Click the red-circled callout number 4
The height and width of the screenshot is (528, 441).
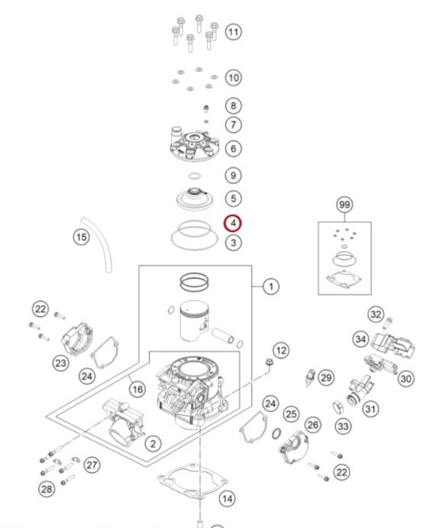(233, 223)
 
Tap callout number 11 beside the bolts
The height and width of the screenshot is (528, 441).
(233, 32)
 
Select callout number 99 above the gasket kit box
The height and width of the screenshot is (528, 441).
(344, 205)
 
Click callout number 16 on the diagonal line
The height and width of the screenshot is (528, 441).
(138, 389)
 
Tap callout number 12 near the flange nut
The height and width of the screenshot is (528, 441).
(281, 351)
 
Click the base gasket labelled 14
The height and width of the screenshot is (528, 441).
(193, 481)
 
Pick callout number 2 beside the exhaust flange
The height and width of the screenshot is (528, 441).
(153, 444)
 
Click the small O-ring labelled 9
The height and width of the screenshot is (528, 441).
(195, 176)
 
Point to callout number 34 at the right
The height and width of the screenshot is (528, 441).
(361, 339)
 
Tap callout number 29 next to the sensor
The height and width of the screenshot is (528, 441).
(326, 377)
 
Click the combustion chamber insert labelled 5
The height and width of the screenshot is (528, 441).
(195, 199)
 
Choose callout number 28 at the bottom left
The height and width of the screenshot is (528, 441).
(47, 488)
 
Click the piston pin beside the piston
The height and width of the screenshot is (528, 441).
(222, 335)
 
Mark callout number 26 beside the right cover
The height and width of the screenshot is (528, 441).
(313, 425)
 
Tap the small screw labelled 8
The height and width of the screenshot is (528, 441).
(206, 109)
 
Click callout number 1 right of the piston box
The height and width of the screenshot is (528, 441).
(271, 287)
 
